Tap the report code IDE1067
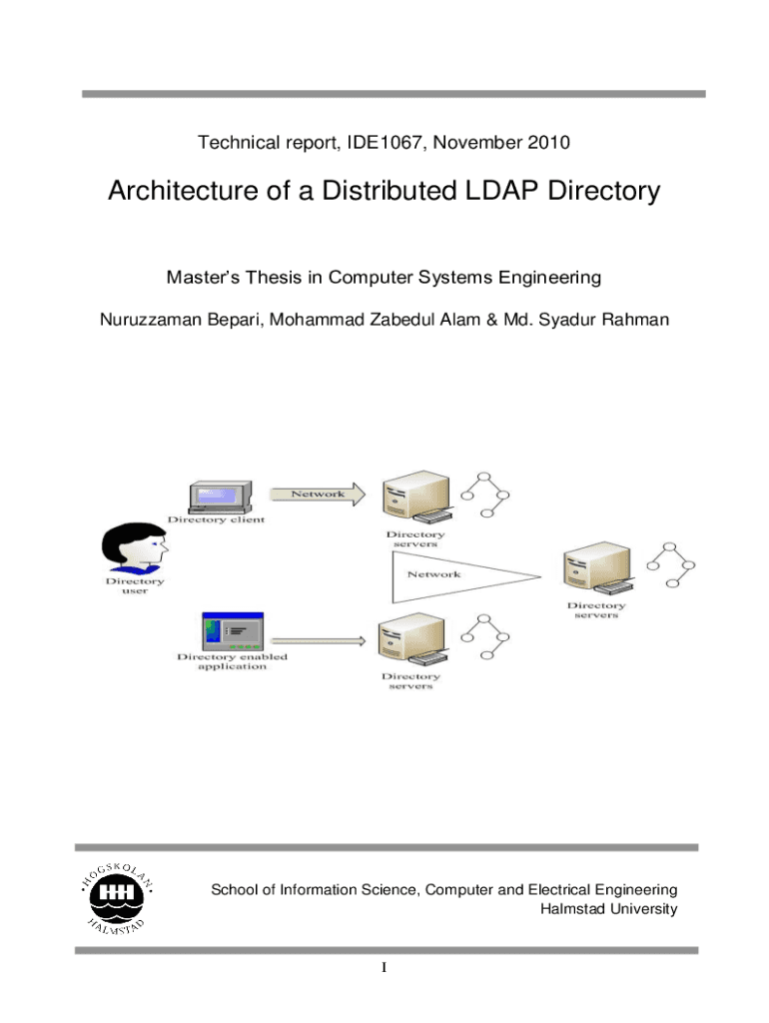click(x=382, y=143)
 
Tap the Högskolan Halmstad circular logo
click(x=118, y=895)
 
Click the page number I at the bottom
click(x=384, y=969)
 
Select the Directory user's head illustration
click(x=135, y=547)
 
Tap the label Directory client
click(x=216, y=519)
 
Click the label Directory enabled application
click(x=232, y=661)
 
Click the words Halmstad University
click(x=608, y=908)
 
